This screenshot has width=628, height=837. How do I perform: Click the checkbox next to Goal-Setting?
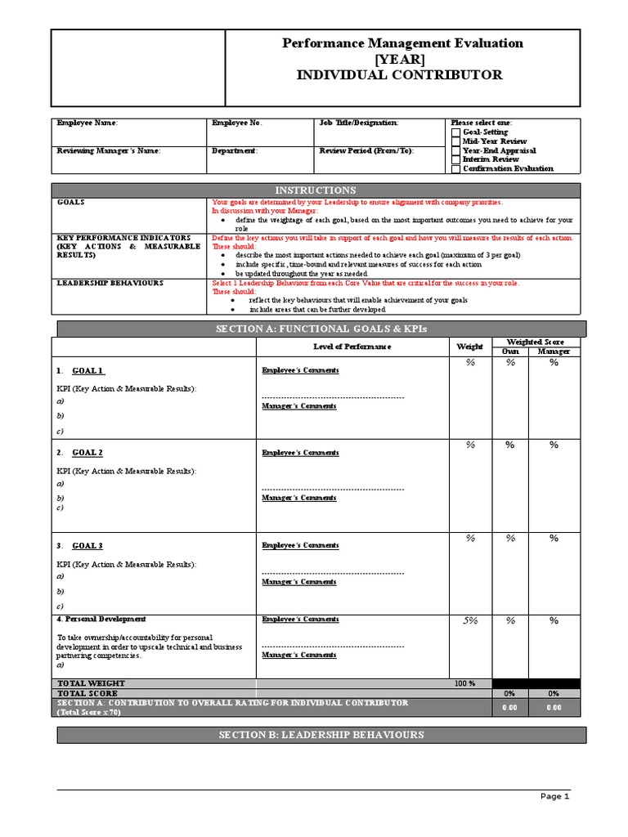(455, 132)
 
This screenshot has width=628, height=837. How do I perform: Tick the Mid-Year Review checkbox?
(455, 141)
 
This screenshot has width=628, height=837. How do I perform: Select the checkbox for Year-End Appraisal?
(455, 151)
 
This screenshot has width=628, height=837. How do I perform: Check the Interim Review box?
(455, 160)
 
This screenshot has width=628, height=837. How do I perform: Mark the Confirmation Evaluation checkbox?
(455, 169)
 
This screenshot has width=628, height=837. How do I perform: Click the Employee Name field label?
(87, 123)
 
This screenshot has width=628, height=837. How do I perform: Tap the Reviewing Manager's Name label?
(108, 151)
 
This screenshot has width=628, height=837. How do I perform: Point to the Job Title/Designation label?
(359, 123)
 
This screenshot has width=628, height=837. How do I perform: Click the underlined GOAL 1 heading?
(87, 370)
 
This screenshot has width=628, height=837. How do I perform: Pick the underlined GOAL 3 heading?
(87, 546)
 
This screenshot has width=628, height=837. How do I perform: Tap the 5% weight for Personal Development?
(470, 621)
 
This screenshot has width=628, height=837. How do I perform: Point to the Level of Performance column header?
(352, 347)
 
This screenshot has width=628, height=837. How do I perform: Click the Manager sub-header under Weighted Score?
(554, 351)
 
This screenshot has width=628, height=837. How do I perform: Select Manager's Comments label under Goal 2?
(299, 498)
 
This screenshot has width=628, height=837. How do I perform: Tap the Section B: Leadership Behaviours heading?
(321, 736)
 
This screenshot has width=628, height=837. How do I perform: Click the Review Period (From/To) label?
(366, 151)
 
